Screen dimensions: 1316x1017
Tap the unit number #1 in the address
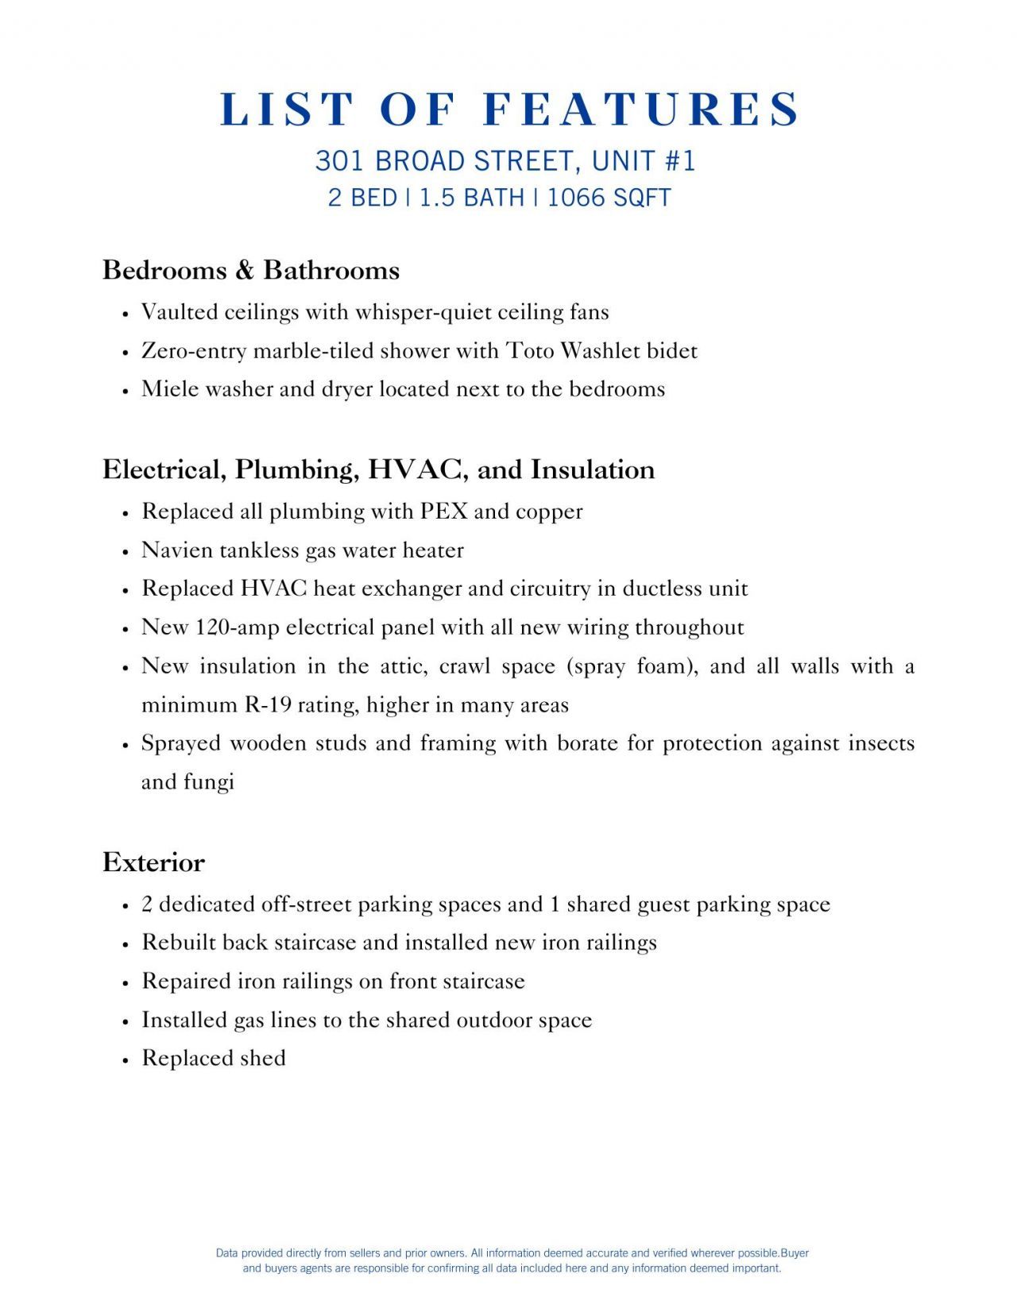tap(680, 160)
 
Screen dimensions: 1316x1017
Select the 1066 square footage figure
tap(574, 197)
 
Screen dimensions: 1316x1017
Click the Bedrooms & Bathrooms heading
tap(250, 270)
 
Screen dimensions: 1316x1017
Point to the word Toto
tap(530, 350)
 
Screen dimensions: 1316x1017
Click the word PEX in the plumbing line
tap(443, 511)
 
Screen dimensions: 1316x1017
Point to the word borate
tap(587, 743)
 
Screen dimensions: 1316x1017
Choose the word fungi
tap(209, 782)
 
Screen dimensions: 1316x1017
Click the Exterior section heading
tap(153, 862)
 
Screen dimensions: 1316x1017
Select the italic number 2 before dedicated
tap(147, 904)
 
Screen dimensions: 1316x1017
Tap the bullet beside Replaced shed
tap(126, 1059)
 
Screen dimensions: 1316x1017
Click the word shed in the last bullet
tap(262, 1058)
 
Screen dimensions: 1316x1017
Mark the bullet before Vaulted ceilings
tap(126, 314)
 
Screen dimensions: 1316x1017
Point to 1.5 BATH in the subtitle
tap(471, 197)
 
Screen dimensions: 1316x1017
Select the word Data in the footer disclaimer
tap(227, 1252)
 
